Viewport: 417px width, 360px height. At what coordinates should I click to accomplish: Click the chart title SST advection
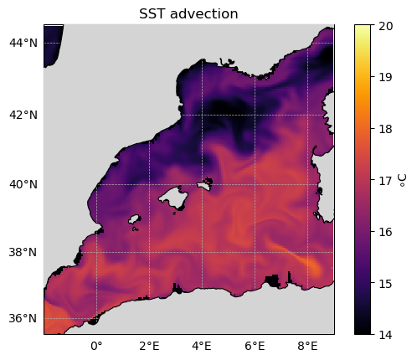[188, 13]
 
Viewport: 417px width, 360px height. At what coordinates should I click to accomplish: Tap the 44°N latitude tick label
[23, 43]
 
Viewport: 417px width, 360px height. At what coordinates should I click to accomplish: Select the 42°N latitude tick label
[23, 115]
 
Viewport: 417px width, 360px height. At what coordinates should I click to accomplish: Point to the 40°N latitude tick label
[23, 184]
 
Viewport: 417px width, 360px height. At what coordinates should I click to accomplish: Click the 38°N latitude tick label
[23, 252]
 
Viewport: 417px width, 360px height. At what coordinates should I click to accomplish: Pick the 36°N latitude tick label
[23, 318]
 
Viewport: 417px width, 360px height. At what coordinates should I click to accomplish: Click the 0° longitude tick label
[96, 346]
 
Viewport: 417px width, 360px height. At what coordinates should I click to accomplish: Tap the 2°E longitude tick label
[149, 346]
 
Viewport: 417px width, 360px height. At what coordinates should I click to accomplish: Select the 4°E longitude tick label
[202, 346]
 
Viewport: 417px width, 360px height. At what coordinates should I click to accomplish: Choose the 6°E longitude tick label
[255, 346]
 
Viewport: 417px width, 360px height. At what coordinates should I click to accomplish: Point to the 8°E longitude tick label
[307, 346]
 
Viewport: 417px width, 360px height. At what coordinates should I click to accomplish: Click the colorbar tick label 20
[386, 26]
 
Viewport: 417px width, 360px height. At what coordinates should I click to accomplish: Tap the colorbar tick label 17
[386, 181]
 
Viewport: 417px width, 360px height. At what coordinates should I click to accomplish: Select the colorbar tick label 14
[386, 335]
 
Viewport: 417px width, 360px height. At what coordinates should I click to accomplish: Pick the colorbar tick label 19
[386, 77]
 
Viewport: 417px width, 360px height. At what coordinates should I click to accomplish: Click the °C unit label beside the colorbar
[403, 180]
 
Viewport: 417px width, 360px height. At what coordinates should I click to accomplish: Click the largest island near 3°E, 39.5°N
[173, 198]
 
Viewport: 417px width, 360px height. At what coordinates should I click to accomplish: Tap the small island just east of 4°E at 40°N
[205, 184]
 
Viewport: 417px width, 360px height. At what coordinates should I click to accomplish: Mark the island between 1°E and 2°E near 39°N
[134, 219]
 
